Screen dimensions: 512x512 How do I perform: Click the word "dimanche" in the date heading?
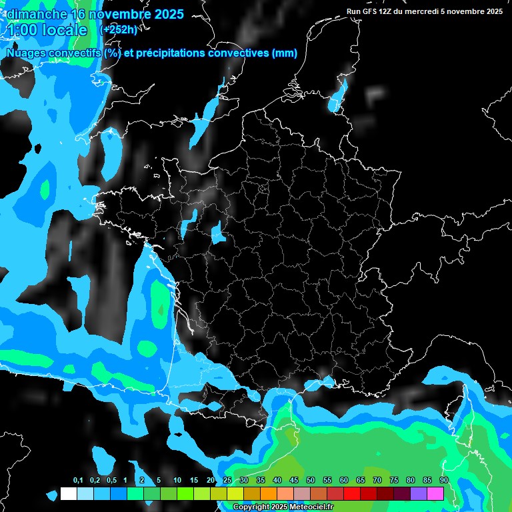click(36, 15)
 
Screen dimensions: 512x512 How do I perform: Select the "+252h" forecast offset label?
click(119, 29)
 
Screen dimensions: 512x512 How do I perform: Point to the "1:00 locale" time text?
click(47, 30)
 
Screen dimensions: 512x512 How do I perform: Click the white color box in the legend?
click(68, 493)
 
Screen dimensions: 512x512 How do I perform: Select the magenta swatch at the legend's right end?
click(435, 493)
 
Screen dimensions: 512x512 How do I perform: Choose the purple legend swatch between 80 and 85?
click(419, 493)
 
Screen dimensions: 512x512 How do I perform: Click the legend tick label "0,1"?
click(78, 481)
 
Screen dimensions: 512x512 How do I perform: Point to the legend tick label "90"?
click(444, 481)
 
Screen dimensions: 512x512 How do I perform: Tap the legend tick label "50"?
click(311, 481)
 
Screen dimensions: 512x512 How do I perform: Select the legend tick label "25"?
click(227, 481)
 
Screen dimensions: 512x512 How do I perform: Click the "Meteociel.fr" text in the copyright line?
click(309, 507)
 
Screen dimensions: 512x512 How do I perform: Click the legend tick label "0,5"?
click(111, 481)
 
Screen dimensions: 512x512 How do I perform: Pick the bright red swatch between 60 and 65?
click(352, 493)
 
